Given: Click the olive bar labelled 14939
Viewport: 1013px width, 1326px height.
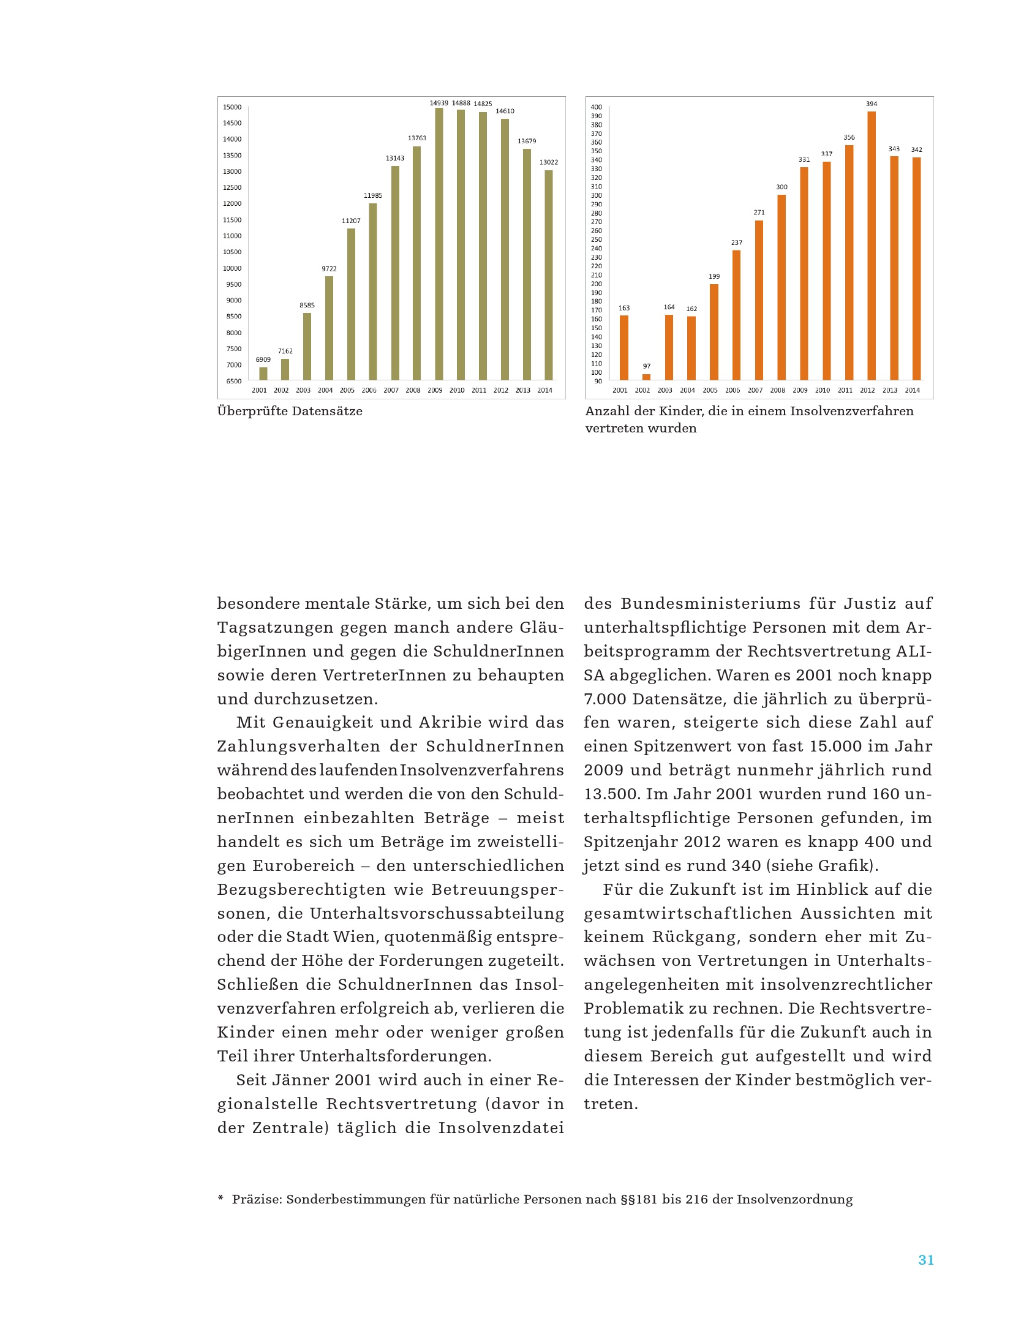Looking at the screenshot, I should click(x=439, y=244).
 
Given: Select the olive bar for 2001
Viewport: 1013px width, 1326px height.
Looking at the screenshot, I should click(x=263, y=374).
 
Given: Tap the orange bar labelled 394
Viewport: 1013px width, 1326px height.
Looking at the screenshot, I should click(x=871, y=245).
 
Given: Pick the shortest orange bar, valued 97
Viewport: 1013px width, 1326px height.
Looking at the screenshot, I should click(x=646, y=377).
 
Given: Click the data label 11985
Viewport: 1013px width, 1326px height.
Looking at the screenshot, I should click(x=373, y=196).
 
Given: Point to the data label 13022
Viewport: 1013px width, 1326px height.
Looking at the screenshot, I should click(x=548, y=162).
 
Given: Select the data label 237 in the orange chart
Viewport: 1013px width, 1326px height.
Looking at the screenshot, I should click(x=736, y=243).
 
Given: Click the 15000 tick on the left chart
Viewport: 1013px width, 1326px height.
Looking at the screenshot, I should click(x=232, y=107).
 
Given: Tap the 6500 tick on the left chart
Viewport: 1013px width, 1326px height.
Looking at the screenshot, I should click(x=233, y=381).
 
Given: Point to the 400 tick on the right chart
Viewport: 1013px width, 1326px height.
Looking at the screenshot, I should click(x=596, y=107).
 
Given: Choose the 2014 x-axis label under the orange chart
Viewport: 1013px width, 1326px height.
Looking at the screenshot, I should click(x=912, y=390).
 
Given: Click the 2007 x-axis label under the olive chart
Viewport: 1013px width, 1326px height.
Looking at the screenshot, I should click(x=391, y=390).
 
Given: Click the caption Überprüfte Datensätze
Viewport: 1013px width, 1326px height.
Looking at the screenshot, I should click(x=290, y=411).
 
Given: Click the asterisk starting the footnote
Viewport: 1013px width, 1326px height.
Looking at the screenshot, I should click(x=220, y=1199).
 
